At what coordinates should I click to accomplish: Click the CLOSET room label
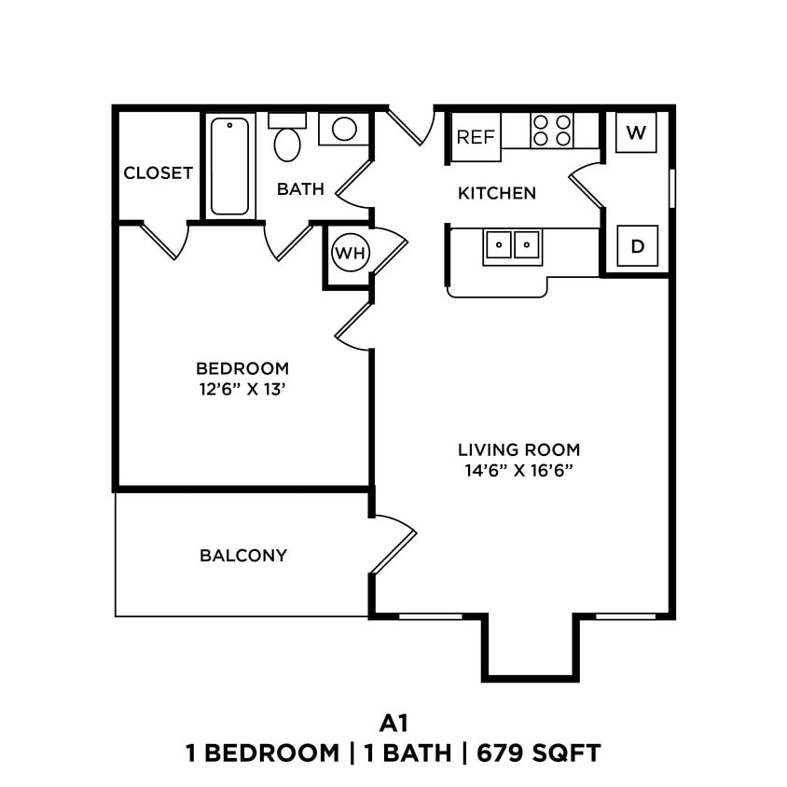click(158, 173)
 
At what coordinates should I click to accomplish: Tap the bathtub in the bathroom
click(229, 165)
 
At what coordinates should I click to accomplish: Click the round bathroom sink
click(344, 129)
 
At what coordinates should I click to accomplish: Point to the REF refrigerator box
click(476, 137)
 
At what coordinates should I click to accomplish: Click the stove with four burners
click(551, 131)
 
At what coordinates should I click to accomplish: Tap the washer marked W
click(636, 132)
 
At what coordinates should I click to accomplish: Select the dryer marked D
click(638, 246)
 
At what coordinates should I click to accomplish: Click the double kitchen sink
click(513, 245)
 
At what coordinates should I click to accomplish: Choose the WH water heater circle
click(351, 253)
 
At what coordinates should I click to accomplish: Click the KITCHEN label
click(497, 194)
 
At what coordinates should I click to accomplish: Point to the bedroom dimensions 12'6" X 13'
click(242, 390)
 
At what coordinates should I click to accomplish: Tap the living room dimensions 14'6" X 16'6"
click(518, 470)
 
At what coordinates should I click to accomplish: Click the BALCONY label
click(243, 556)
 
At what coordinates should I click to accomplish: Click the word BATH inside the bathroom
click(300, 189)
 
